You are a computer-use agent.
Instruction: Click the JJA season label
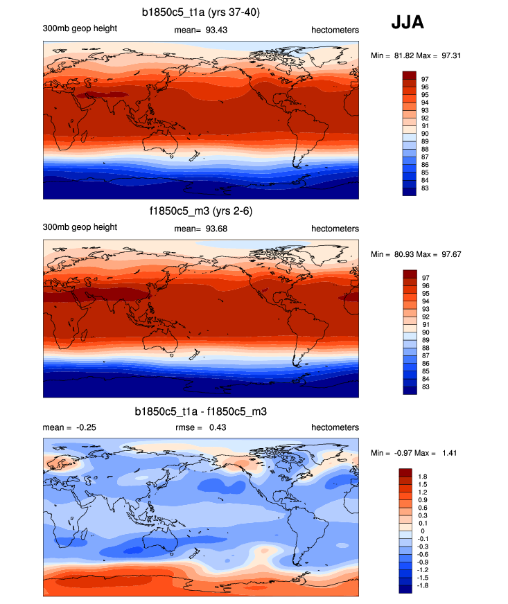(408, 23)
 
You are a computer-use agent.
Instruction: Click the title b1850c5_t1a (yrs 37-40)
(201, 12)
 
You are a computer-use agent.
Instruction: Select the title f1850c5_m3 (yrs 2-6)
(201, 211)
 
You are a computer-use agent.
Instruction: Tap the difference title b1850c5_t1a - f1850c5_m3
(201, 411)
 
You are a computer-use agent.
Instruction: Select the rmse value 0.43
(218, 427)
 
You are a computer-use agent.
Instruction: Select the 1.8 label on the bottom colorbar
(422, 477)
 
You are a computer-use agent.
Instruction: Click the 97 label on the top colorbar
(425, 79)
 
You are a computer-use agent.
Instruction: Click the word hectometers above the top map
(335, 29)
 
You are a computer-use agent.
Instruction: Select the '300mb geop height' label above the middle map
(80, 227)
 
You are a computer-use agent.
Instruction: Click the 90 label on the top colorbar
(425, 133)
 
